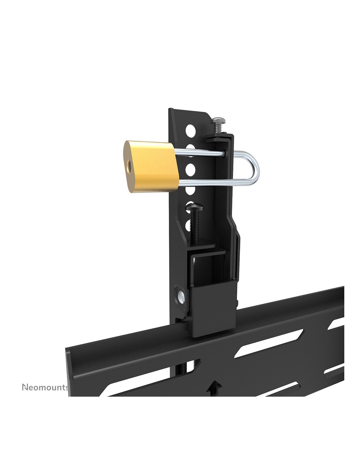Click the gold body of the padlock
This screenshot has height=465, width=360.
pyautogui.click(x=151, y=166)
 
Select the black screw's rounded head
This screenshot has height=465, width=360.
pyautogui.click(x=195, y=207)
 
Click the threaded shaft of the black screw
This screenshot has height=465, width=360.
pyautogui.click(x=195, y=227)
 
